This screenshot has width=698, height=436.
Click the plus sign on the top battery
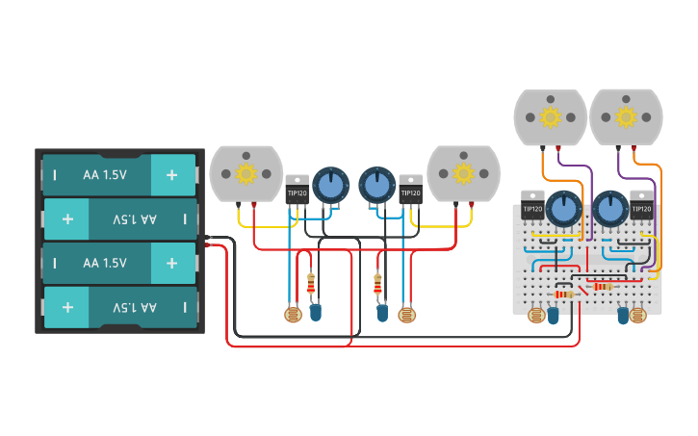coord(171,175)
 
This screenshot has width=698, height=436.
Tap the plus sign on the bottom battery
coord(67,307)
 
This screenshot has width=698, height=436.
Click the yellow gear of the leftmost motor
coord(246,173)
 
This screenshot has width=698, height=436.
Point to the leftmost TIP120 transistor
coord(297,191)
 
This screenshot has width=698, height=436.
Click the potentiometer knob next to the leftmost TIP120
coord(330,185)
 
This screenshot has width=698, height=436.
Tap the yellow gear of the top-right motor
coord(626,117)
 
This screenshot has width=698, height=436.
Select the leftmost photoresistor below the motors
coord(293,314)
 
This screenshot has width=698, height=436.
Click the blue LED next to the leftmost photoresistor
coord(316,312)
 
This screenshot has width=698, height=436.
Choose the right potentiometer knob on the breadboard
coord(609,207)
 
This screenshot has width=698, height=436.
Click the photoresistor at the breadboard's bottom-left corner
coord(536,314)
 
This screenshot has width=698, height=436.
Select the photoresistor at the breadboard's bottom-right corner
coord(638,314)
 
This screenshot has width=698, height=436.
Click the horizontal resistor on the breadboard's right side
coord(603,286)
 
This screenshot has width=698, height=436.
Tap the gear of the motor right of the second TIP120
coord(463,173)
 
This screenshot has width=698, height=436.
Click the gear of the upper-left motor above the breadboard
coord(551,117)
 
